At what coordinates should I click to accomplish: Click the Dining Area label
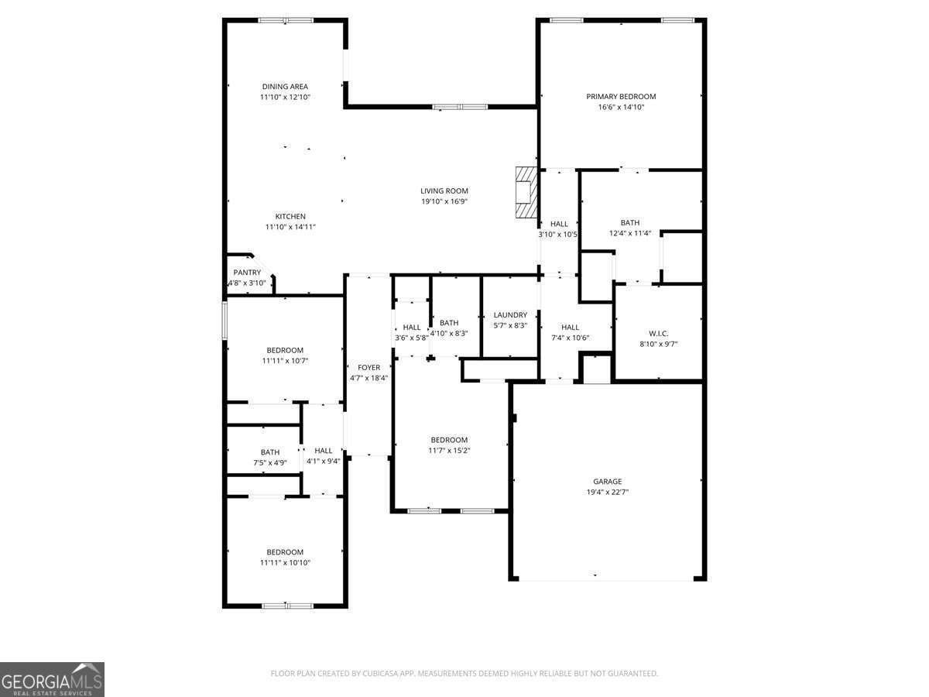pos(285,86)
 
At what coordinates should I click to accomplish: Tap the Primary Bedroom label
pos(621,97)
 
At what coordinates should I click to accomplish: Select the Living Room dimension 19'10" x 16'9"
pos(444,201)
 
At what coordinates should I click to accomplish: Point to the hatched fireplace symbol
pos(526,193)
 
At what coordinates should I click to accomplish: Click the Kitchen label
pos(290,216)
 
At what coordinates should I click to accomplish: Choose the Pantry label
pos(247,273)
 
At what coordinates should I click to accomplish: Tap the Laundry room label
pos(510,315)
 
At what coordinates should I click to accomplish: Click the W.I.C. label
pos(658,334)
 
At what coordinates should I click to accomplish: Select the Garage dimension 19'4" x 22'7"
pos(608,492)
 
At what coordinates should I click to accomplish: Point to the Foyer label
pos(369,367)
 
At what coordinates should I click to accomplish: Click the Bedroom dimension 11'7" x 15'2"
pos(449,450)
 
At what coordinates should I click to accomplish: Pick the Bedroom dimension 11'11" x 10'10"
pos(285,562)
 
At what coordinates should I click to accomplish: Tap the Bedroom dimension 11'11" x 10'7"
pos(285,361)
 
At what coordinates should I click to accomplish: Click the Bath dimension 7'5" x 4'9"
pos(270,462)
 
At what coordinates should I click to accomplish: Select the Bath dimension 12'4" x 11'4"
pos(629,233)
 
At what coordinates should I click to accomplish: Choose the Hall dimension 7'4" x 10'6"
pos(570,338)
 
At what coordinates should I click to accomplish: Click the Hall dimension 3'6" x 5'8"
pos(411,338)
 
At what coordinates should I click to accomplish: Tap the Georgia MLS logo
pos(52,679)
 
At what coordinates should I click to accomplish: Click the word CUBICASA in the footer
pos(380,673)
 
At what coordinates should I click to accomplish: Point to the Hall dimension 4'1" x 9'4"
pos(324,461)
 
